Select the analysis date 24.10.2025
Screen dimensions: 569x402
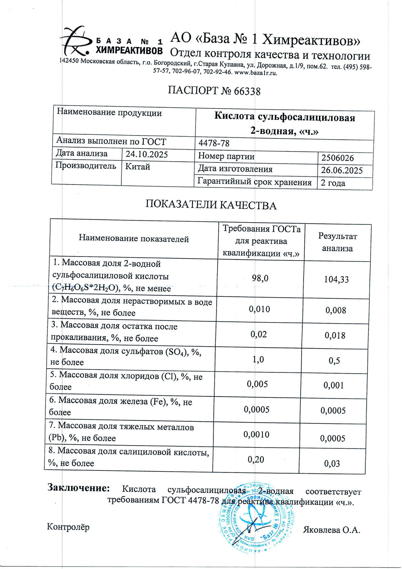coord(146,154)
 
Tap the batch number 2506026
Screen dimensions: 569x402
coord(337,158)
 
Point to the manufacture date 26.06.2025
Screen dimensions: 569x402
coord(341,170)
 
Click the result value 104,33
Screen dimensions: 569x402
coord(336,279)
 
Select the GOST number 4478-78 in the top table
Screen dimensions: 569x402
coord(214,143)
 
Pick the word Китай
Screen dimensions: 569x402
coord(137,166)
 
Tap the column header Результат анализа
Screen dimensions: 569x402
coord(337,242)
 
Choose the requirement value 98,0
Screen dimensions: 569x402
coord(260,278)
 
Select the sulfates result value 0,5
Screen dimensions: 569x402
coord(334,361)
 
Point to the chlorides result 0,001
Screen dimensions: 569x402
coord(333,385)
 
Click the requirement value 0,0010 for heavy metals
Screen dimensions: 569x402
coord(256,435)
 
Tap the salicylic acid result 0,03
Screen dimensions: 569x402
coord(332,464)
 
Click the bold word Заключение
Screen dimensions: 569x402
coord(78,488)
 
